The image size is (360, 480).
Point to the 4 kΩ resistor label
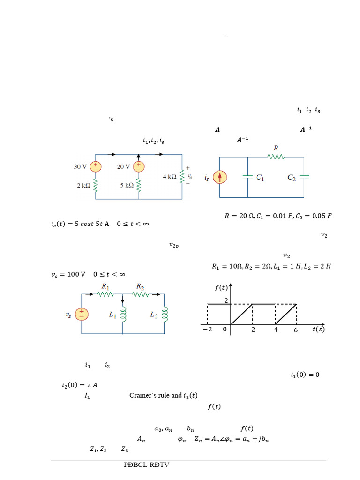click(169, 177)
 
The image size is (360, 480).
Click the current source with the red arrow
click(220, 177)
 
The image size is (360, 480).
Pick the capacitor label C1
click(257, 178)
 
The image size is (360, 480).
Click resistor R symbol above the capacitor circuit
click(276, 157)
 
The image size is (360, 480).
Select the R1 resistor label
click(106, 286)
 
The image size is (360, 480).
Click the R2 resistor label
click(140, 286)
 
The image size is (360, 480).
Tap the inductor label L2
click(154, 315)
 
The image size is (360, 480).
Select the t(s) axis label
click(318, 329)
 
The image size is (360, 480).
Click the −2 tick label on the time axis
click(207, 330)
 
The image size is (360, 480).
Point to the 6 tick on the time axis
click(296, 330)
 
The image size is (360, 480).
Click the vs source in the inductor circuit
click(82, 314)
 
